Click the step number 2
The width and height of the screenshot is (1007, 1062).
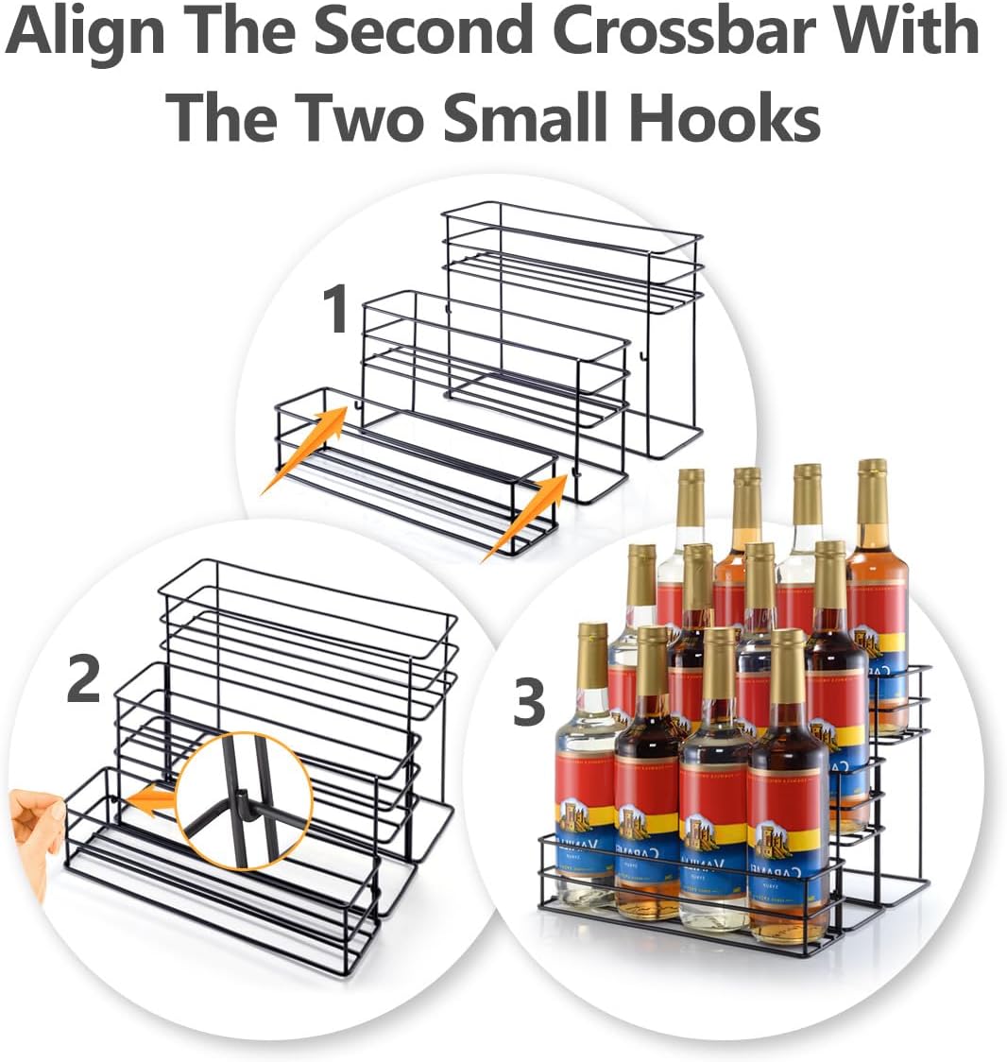(x=84, y=680)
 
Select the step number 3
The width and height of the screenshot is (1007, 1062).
(x=529, y=704)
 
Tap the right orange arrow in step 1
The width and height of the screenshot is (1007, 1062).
(x=525, y=517)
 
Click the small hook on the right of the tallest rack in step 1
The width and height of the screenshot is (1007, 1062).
(x=642, y=357)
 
